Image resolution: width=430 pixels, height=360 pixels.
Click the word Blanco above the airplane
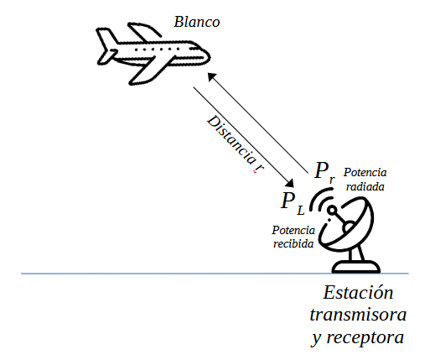point(197,22)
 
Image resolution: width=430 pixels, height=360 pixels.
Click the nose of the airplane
point(206,56)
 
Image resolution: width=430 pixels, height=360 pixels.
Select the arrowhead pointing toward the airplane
point(211,76)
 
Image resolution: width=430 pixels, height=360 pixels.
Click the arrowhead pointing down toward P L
point(289,183)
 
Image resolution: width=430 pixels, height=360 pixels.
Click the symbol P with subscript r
point(324,172)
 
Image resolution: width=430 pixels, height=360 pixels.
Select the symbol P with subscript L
point(293,203)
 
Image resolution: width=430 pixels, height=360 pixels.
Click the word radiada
point(365,186)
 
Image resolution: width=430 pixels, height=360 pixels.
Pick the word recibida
point(293,243)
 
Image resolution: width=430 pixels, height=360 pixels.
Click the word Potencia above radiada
point(365,173)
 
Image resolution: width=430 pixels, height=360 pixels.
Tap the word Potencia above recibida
point(293,230)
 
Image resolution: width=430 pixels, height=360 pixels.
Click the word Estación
point(358,292)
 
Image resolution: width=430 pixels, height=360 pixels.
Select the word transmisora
point(358,315)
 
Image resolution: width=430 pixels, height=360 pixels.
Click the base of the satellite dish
point(356,267)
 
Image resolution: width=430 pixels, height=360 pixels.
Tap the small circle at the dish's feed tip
point(332,210)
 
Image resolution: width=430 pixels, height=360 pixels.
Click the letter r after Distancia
point(260,168)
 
